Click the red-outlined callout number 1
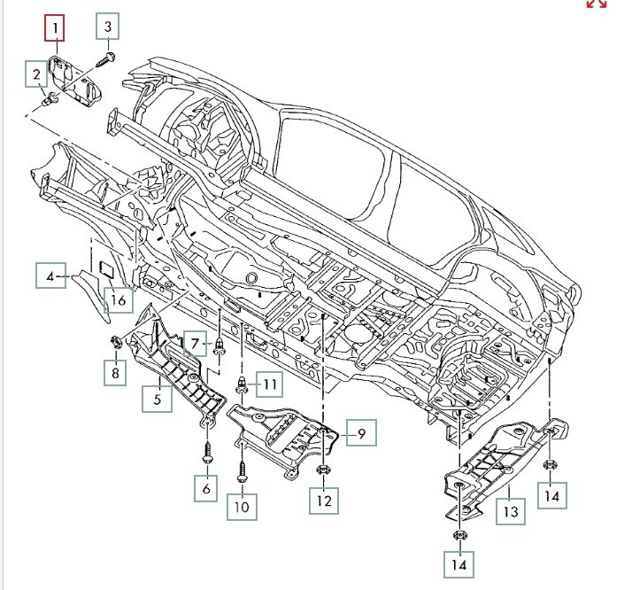(56, 28)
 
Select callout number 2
(37, 74)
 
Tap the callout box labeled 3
(108, 27)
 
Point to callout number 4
(50, 276)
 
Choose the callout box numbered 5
(157, 399)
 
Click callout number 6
(206, 488)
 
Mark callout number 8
(114, 373)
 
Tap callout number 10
(242, 507)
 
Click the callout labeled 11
(269, 384)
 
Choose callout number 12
(323, 501)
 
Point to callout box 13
(511, 510)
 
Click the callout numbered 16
(119, 301)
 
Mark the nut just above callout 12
(323, 470)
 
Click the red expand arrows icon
(597, 4)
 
